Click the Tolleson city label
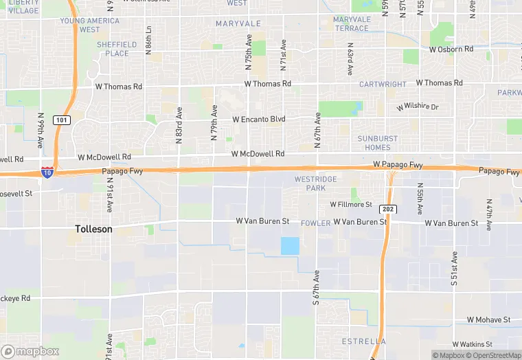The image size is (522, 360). [93, 229]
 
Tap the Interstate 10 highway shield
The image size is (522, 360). [47, 172]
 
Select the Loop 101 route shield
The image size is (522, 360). [61, 120]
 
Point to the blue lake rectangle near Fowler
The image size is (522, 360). [290, 246]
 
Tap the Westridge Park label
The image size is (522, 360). [315, 183]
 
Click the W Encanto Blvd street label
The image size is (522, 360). [258, 120]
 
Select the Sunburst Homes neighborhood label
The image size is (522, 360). [378, 143]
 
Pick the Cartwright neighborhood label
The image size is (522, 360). [383, 85]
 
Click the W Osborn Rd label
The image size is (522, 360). [451, 49]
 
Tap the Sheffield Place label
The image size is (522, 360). [117, 49]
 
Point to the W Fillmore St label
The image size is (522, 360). [350, 205]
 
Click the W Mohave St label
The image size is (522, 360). [488, 320]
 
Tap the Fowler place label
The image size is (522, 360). [315, 223]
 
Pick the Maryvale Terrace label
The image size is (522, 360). [352, 24]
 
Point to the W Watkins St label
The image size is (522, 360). [473, 344]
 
